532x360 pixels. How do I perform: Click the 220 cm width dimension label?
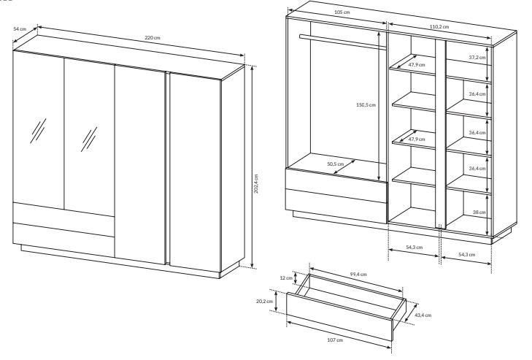[153, 38]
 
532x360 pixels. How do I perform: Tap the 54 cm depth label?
[20, 29]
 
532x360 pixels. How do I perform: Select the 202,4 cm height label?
[256, 184]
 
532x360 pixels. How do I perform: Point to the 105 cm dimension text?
[342, 12]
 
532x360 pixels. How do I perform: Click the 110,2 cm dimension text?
[439, 26]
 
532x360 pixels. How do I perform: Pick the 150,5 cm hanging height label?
[366, 105]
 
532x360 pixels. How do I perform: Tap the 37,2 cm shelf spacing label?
[477, 58]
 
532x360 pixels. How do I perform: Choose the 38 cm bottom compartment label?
[479, 212]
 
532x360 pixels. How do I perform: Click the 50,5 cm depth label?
[335, 164]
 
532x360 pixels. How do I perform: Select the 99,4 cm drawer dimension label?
[358, 274]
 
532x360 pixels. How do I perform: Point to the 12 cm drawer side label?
[286, 277]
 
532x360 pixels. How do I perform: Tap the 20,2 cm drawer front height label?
[265, 302]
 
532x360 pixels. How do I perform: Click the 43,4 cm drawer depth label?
[423, 315]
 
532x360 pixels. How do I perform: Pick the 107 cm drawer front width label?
[335, 340]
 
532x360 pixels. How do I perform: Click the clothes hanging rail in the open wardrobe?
[343, 42]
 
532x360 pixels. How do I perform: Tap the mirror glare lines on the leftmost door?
[38, 131]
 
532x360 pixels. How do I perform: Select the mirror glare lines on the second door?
[89, 139]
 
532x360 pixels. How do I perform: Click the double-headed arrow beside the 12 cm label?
[296, 278]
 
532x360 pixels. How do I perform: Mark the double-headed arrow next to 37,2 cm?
[488, 64]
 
